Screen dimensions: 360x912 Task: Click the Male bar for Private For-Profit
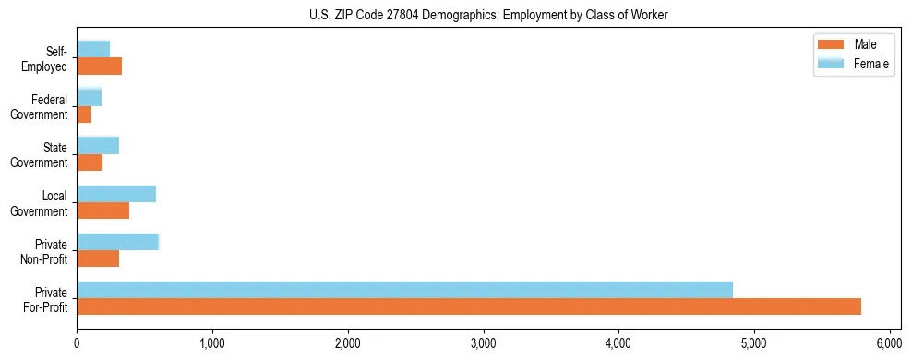coord(469,306)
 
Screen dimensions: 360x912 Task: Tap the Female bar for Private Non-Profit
coord(118,242)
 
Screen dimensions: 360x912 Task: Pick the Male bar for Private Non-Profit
coord(98,258)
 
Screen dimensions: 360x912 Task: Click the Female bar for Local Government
coord(116,194)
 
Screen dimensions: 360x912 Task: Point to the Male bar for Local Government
coord(102,210)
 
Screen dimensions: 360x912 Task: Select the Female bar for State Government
coord(98,145)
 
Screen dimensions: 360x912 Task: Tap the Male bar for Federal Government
coord(84,114)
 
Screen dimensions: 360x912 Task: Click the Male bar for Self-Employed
coord(99,66)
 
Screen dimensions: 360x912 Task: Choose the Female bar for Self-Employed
coord(93,49)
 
